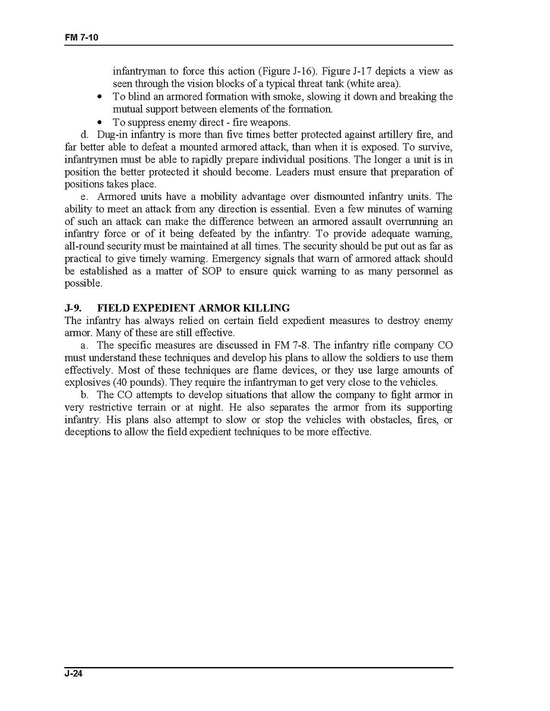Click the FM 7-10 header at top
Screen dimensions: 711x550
[81, 37]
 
